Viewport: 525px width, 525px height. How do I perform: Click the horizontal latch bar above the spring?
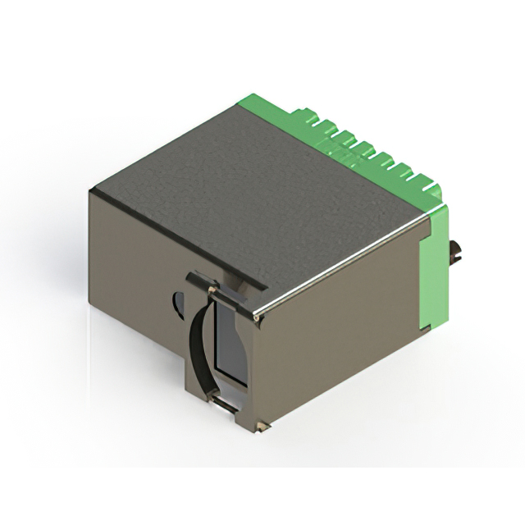click(x=215, y=287)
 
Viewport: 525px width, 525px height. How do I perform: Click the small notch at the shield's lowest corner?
click(x=261, y=427)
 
